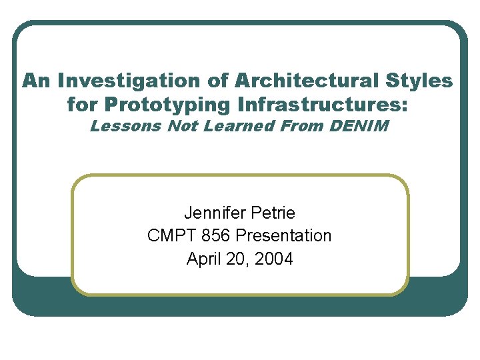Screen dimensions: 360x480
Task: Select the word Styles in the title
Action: point(418,81)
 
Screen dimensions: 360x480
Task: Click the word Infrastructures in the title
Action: point(323,105)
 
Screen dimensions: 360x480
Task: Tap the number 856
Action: point(217,236)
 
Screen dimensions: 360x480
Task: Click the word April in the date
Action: point(204,259)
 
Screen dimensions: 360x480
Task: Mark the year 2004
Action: point(274,259)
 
